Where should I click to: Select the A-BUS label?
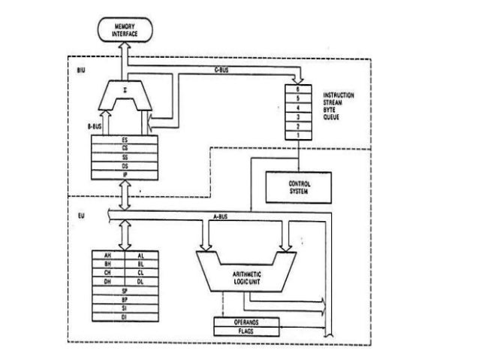point(219,217)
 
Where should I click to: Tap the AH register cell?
point(107,256)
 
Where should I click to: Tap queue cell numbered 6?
point(300,89)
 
